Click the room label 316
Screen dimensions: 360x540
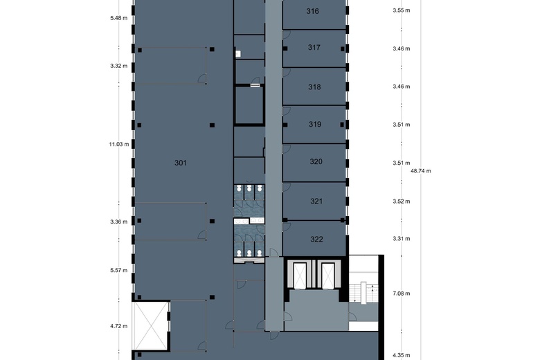[x=313, y=11]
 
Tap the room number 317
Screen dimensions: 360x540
[x=314, y=48]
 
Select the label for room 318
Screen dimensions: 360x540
[x=314, y=87]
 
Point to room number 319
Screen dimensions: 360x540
[x=315, y=125]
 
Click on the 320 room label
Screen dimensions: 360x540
[x=316, y=162]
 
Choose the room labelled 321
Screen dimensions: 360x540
[x=316, y=201]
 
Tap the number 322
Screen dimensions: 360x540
[x=316, y=240]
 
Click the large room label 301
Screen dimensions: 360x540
[x=181, y=163]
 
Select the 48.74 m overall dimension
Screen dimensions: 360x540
[x=421, y=170]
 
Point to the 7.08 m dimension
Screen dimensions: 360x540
[x=402, y=294]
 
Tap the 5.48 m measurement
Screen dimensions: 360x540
[x=119, y=17]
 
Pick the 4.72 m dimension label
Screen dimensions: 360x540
[x=119, y=325]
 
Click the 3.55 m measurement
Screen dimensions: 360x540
[x=402, y=10]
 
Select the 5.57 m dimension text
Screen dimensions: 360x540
[x=119, y=270]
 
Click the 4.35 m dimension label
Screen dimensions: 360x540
[x=402, y=355]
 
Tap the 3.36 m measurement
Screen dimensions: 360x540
[x=119, y=222]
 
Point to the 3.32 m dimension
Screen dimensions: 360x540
[x=119, y=66]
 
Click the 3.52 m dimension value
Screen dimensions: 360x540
[x=402, y=201]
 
